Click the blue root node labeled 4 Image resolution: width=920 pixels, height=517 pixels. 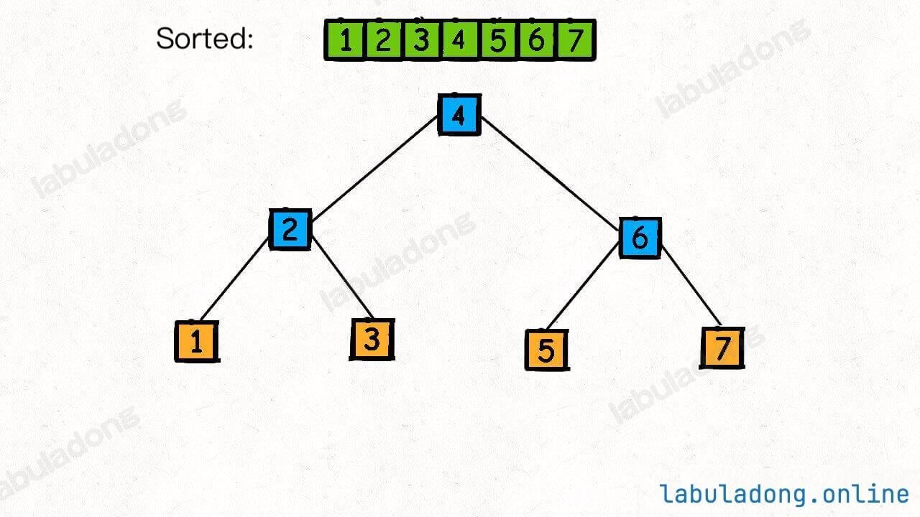459,114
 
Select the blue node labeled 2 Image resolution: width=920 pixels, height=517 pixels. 290,229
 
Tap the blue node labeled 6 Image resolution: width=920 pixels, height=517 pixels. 640,238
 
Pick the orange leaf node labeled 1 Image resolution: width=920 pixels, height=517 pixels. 197,341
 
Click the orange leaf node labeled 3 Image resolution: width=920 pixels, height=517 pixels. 372,340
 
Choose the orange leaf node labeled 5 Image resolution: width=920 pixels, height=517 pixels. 547,350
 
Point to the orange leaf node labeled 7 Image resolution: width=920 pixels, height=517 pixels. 722,348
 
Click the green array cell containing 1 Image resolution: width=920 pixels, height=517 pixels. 344,40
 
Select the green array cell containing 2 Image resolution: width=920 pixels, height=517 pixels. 383,40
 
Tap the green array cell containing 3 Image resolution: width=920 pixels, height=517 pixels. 421,40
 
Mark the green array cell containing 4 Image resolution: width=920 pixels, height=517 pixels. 459,40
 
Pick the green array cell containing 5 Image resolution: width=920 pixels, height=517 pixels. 498,40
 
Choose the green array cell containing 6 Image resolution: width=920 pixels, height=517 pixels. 536,40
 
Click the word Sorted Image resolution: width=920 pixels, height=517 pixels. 204,39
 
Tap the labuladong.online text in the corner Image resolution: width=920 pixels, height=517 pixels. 783,494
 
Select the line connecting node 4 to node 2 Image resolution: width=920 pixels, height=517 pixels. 374,168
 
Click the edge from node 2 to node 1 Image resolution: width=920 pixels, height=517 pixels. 234,279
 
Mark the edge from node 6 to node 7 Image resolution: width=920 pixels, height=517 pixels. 691,286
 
